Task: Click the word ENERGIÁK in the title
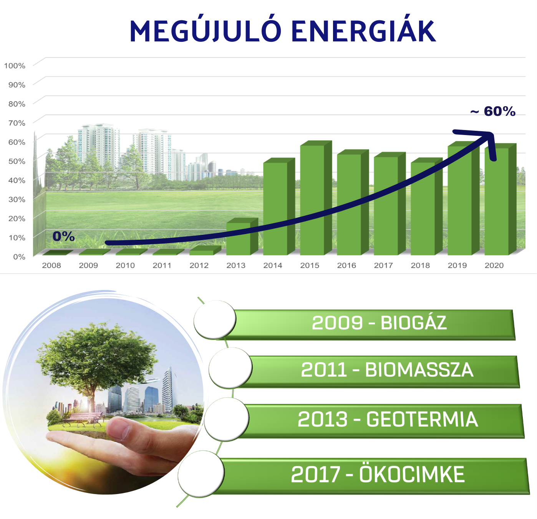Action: pyautogui.click(x=363, y=31)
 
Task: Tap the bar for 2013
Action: pyautogui.click(x=242, y=237)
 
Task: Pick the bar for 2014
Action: pyautogui.click(x=279, y=207)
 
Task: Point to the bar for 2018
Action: pyautogui.click(x=427, y=207)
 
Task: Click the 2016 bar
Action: pyautogui.click(x=353, y=203)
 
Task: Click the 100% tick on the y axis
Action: pyautogui.click(x=15, y=66)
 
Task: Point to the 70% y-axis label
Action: pyautogui.click(x=17, y=123)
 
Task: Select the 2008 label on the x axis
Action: pyautogui.click(x=51, y=265)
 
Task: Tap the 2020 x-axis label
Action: pyautogui.click(x=494, y=265)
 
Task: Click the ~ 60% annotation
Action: pyautogui.click(x=493, y=111)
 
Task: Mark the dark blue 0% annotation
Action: pyautogui.click(x=63, y=236)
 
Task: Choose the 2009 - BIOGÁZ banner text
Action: pyautogui.click(x=379, y=323)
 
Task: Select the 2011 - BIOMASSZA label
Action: pyautogui.click(x=387, y=370)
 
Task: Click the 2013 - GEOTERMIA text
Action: pyautogui.click(x=388, y=419)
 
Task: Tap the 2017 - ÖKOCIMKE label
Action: pyautogui.click(x=378, y=474)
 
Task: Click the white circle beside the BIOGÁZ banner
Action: pyautogui.click(x=215, y=320)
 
